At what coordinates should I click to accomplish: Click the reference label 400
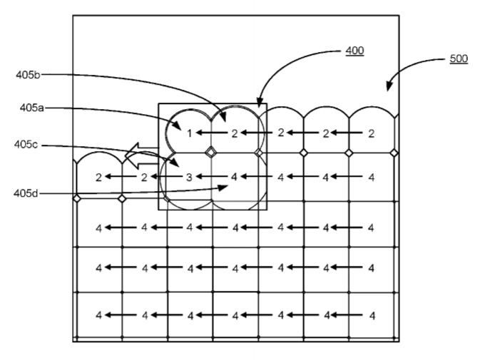[354, 51]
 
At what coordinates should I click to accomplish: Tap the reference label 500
[459, 58]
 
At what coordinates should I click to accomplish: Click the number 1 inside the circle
[190, 133]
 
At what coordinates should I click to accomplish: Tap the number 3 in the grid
[189, 177]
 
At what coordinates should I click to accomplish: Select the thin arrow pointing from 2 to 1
[212, 133]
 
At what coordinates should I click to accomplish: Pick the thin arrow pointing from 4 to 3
[211, 177]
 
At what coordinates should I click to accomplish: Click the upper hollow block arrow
[142, 152]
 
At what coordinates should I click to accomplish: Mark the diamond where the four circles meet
[210, 152]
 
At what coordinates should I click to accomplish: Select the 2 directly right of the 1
[234, 133]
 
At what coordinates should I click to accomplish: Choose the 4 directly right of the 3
[234, 177]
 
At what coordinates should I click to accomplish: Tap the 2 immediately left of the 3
[144, 177]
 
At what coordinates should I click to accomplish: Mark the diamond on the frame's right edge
[394, 153]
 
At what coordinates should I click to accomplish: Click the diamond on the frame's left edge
[76, 198]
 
